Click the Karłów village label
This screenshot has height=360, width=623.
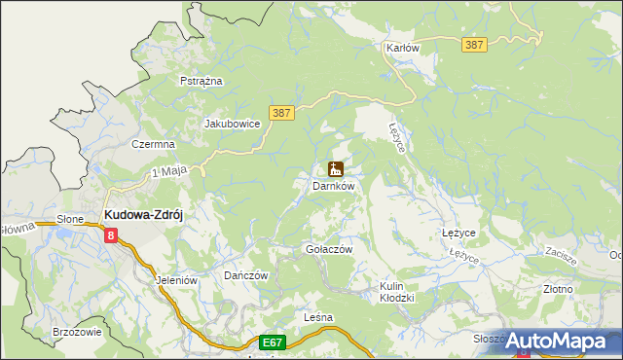tap(402, 48)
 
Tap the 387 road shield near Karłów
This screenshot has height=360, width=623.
tap(475, 46)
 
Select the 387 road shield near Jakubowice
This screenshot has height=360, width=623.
tap(280, 113)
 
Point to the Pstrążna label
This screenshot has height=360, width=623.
tap(202, 81)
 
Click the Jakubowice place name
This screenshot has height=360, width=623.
tap(232, 124)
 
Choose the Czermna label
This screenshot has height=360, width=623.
tap(153, 144)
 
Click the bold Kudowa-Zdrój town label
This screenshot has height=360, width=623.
tap(144, 216)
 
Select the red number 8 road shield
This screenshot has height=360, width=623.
tap(112, 234)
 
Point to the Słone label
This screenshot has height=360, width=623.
tap(71, 220)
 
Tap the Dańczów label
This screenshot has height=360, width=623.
tap(245, 275)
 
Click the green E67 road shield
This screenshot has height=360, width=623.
tap(273, 342)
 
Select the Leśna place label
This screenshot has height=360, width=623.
tap(318, 318)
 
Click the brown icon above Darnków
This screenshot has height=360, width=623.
tap(336, 168)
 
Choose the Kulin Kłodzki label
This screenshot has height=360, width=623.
tap(397, 292)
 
